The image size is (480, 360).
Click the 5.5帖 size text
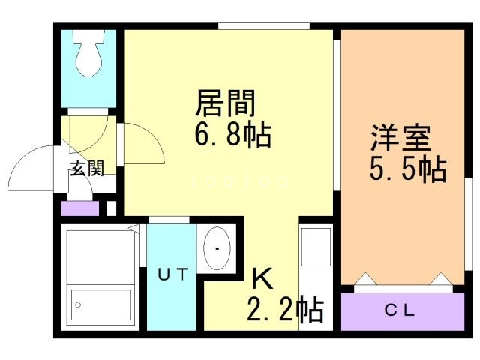point(407,170)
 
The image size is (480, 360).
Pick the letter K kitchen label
point(262,278)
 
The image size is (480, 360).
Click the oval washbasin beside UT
point(217,247)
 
